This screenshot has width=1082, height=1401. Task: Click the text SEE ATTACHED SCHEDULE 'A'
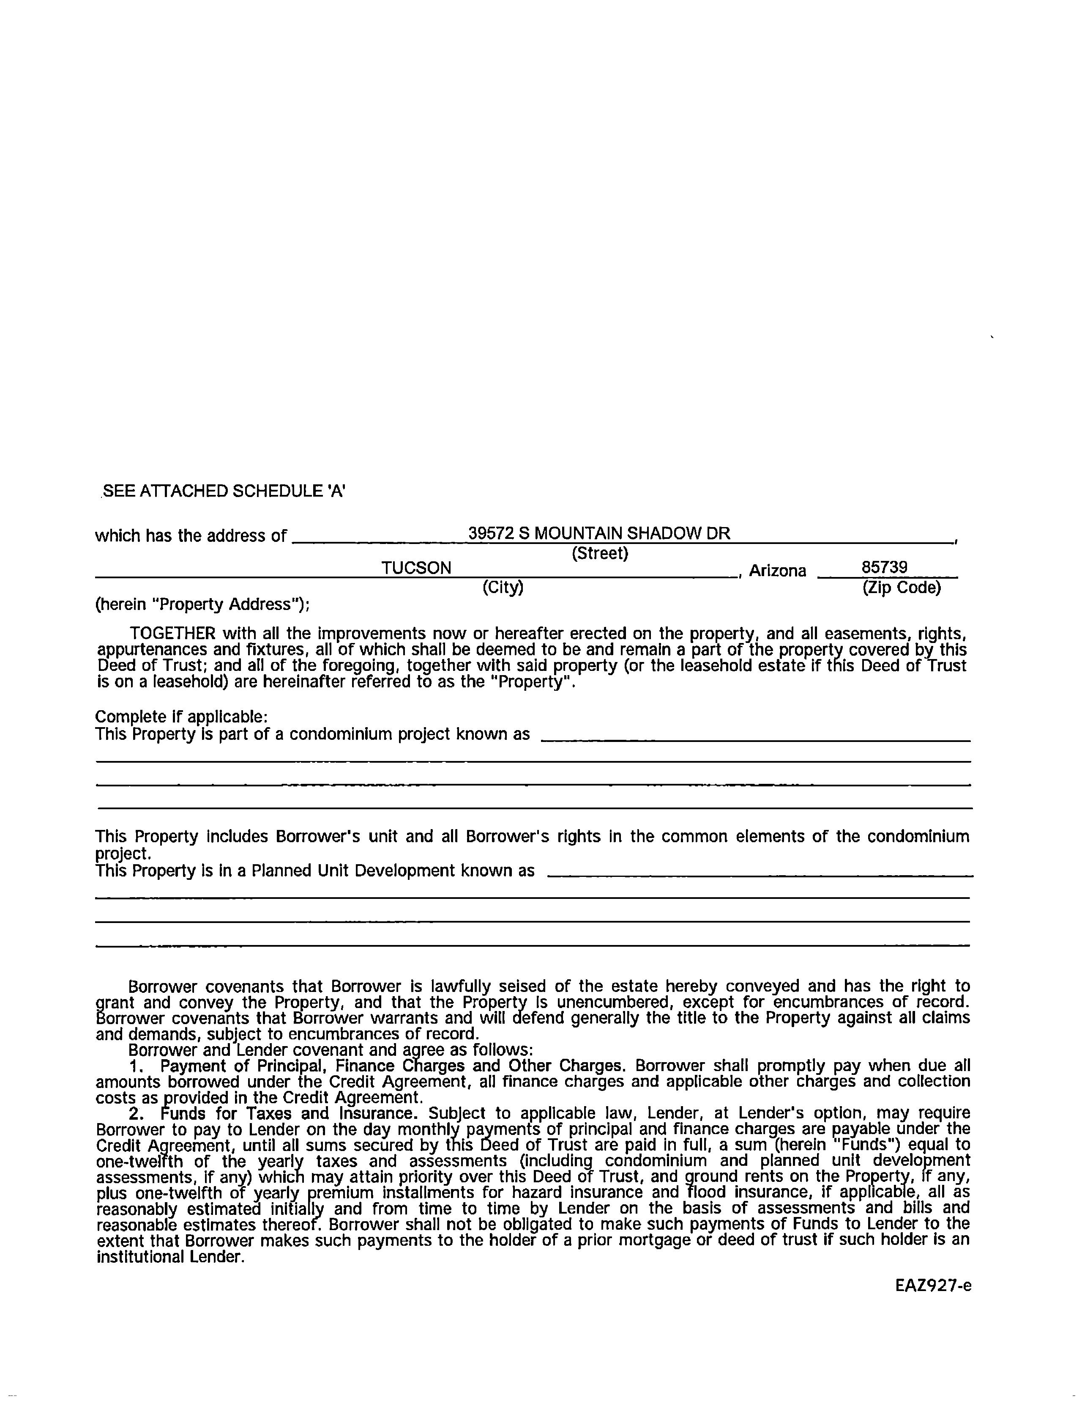click(x=224, y=492)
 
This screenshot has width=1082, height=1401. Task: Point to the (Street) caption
click(x=599, y=552)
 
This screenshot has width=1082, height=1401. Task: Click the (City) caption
click(x=503, y=587)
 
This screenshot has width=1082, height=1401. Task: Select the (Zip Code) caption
click(x=901, y=587)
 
